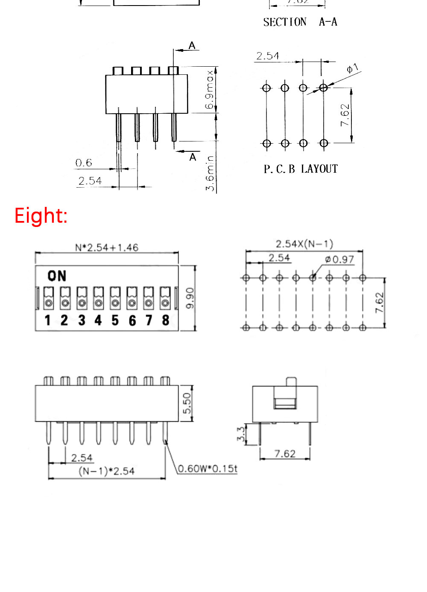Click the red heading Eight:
(x=41, y=215)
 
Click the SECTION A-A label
(x=300, y=22)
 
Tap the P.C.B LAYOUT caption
(x=301, y=169)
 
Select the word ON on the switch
(x=57, y=276)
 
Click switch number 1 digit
(x=48, y=320)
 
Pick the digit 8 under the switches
(x=166, y=320)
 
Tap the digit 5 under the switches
(x=115, y=320)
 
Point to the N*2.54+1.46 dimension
(x=107, y=247)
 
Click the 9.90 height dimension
(x=190, y=298)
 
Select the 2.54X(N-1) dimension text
(x=304, y=244)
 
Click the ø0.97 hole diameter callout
(x=339, y=259)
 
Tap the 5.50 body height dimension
(x=187, y=403)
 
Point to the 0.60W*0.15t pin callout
(x=207, y=468)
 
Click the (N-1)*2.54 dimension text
(x=107, y=471)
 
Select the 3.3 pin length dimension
(x=241, y=434)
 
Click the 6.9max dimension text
(x=209, y=90)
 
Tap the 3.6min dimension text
(x=210, y=173)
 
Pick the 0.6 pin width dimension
(x=84, y=163)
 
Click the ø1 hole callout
(x=352, y=68)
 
